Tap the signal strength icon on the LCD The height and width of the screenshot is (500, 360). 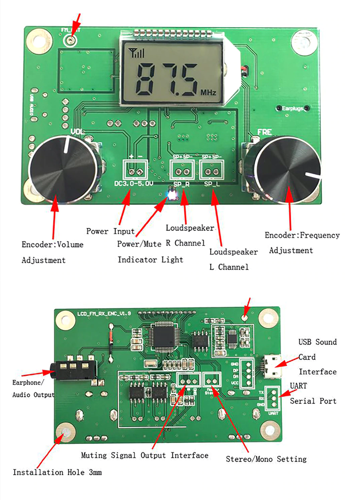tap(137, 53)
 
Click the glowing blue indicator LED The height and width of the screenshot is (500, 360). tap(171, 195)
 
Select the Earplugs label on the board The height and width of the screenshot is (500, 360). tap(292, 108)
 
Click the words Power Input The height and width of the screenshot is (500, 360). tap(110, 231)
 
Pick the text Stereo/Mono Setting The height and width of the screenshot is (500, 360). tap(266, 459)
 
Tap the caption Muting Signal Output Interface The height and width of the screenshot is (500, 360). tap(144, 455)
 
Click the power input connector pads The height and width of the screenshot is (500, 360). tap(136, 171)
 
